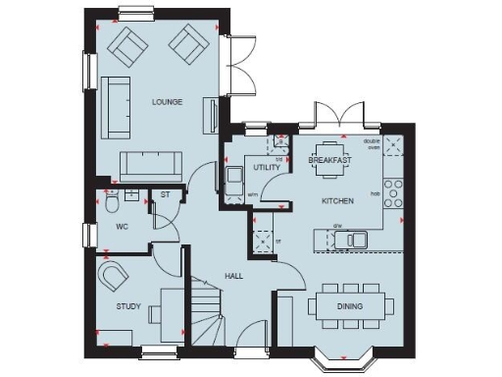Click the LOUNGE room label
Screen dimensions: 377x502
point(167,102)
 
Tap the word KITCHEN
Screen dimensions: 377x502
point(337,201)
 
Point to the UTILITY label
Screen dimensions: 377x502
point(266,168)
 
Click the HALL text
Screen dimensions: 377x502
point(233,277)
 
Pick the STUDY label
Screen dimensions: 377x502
point(128,307)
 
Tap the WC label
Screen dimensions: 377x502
point(123,227)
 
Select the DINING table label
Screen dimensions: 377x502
point(349,307)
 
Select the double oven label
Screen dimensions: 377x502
point(372,143)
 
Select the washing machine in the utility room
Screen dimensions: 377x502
point(235,181)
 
